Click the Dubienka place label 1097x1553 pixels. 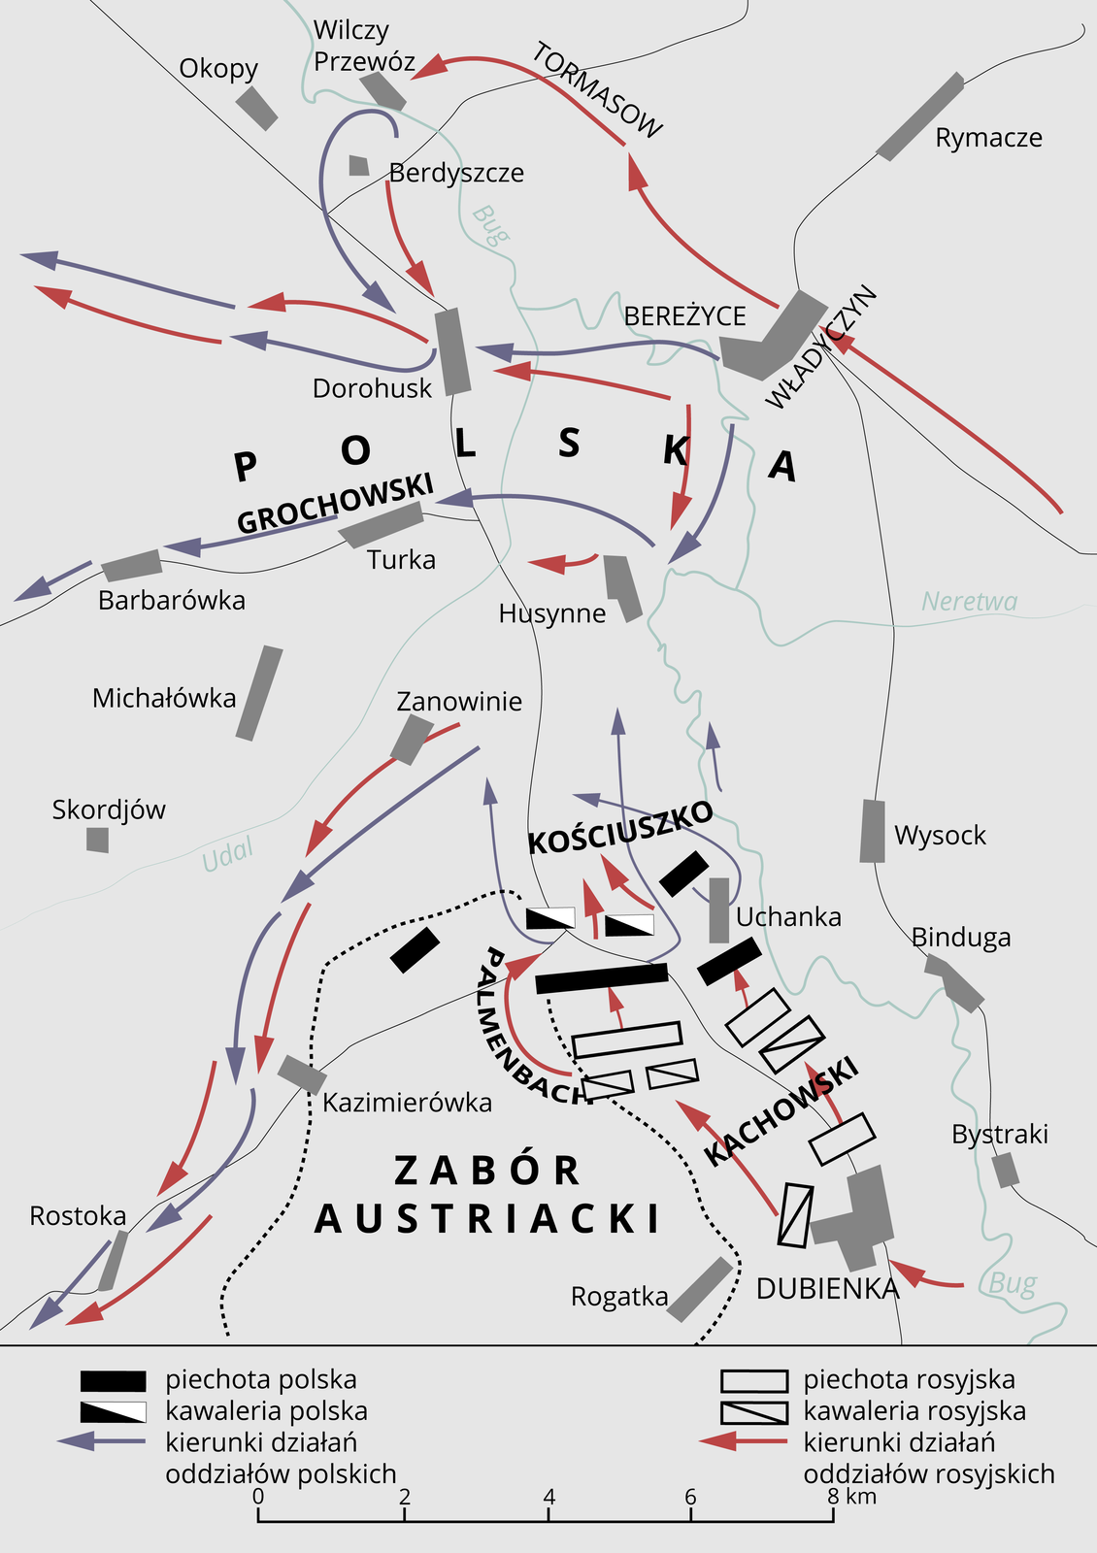[827, 1288]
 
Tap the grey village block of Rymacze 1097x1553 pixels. [919, 116]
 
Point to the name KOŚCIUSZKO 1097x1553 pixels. [620, 828]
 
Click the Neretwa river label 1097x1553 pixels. [969, 602]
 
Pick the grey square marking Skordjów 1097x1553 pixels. [97, 840]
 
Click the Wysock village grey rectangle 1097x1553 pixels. [873, 831]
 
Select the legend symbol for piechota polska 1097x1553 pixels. [114, 1380]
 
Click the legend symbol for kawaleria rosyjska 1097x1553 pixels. [753, 1411]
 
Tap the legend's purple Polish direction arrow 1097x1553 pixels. [101, 1441]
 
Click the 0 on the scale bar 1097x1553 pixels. [258, 1496]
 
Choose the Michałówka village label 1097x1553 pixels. [164, 698]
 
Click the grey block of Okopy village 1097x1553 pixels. [257, 108]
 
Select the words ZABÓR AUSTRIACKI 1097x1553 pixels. [487, 1194]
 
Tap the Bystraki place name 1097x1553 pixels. [999, 1134]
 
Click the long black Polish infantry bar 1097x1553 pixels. [602, 977]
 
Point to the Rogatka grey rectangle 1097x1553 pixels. [700, 1289]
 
